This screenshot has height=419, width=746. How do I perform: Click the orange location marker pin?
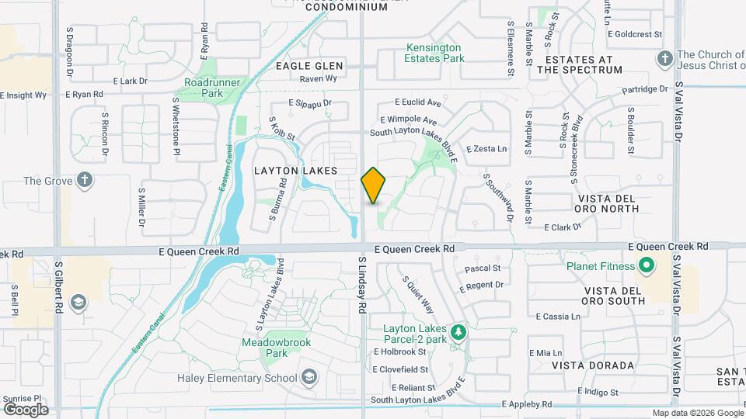(374, 185)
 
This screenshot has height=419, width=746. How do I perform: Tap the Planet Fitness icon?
(646, 267)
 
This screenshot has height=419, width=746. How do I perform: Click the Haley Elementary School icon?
(309, 378)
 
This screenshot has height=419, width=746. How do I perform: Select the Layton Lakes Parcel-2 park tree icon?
(459, 332)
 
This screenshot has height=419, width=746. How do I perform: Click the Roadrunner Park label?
(204, 87)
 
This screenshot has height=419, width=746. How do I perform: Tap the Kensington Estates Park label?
(434, 53)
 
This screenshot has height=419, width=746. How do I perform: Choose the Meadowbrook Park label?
(265, 347)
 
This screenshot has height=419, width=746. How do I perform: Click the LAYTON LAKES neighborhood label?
(296, 170)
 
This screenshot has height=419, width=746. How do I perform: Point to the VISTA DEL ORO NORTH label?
(607, 203)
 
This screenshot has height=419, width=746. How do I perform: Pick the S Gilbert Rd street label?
(58, 287)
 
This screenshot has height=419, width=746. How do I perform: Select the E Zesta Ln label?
(486, 148)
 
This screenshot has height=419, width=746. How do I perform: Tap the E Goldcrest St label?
(635, 34)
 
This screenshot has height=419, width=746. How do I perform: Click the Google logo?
(26, 409)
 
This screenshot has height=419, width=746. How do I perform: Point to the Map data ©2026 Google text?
(697, 413)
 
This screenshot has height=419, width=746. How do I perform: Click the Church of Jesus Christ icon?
(664, 58)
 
